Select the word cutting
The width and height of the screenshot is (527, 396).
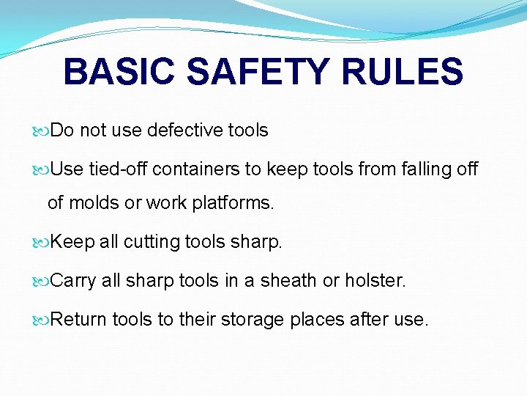click(152, 243)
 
